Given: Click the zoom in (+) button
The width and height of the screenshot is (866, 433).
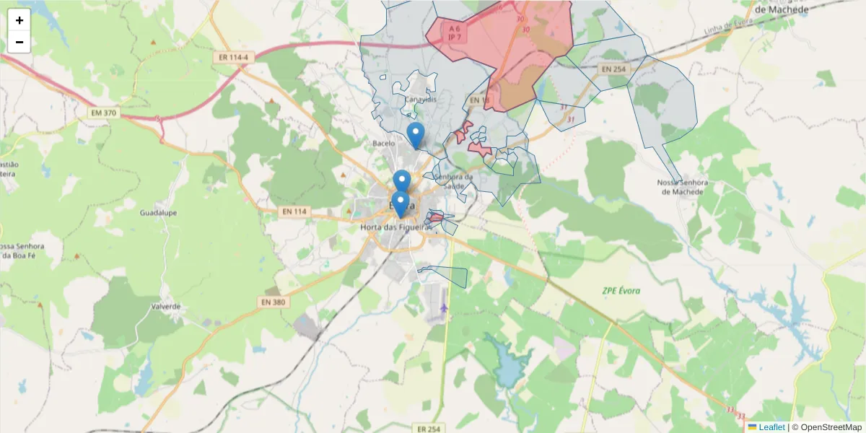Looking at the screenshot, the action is click(x=19, y=20).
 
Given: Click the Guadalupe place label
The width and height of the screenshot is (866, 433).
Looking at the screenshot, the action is click(x=159, y=214).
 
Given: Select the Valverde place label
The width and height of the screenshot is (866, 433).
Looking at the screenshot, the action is click(x=166, y=306).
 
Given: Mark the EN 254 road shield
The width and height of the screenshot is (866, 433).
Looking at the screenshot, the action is click(x=615, y=69).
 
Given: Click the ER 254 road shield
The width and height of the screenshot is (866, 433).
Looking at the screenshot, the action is click(x=429, y=429).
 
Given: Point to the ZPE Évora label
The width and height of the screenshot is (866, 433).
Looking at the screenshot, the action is click(x=621, y=291).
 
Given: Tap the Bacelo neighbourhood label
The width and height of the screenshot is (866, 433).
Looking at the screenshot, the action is click(x=384, y=144).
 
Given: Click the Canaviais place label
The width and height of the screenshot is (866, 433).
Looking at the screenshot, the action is click(x=421, y=99).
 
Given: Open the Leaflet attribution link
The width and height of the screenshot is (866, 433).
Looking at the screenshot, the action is click(x=771, y=427).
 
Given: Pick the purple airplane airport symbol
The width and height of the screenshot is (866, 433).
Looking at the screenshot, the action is click(x=443, y=309).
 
